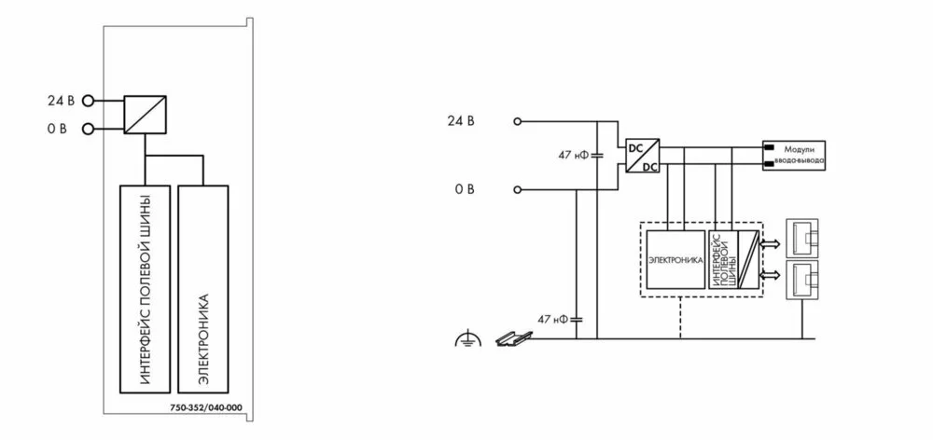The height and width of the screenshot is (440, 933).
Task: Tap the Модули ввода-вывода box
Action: [x=796, y=155]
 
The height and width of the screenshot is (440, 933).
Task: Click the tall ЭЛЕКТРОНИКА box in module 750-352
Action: [x=203, y=289]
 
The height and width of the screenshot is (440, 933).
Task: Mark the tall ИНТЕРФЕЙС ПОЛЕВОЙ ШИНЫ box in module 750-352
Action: [x=146, y=289]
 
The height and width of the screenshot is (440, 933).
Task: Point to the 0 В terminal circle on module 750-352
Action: [x=89, y=129]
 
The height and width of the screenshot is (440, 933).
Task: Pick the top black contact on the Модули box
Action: [x=772, y=147]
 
